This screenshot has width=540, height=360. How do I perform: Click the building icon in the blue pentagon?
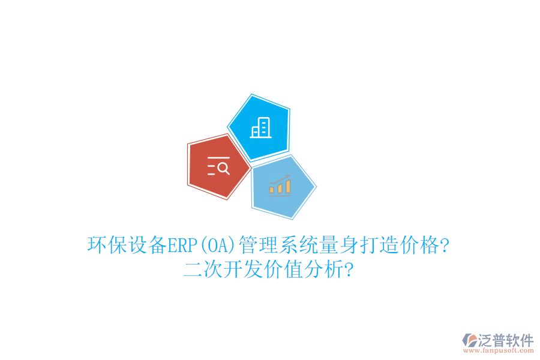pos(260,127)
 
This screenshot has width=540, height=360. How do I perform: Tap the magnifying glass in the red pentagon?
pos(223,168)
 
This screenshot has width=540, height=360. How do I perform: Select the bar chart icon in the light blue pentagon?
pos(280,186)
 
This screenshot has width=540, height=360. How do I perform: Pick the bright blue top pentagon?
pos(259,127)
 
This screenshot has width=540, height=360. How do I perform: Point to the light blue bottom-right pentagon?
pos(282,187)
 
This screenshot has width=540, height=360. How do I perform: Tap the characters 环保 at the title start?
pos(107,245)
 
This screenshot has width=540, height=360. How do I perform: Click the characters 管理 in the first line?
pos(257,245)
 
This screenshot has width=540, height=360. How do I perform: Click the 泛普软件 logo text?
pos(506,340)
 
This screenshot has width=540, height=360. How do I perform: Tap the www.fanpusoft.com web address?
pos(497,352)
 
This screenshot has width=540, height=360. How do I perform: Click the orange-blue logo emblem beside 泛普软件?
pos(469,341)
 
